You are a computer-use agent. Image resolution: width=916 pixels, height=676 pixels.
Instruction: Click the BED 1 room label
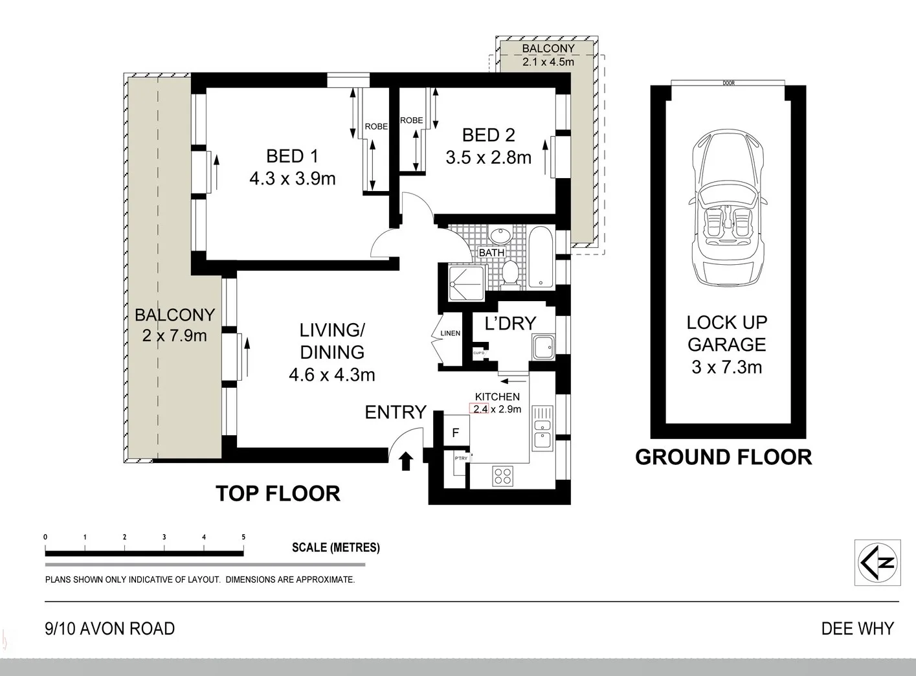point(293,156)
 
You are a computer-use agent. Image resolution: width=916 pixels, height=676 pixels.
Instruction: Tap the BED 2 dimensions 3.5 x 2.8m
point(488,157)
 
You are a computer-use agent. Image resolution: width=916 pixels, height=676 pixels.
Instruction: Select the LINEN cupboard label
point(450,333)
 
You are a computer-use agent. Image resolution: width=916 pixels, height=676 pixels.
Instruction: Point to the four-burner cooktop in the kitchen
point(502,475)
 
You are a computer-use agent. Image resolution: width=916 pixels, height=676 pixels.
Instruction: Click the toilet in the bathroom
point(511,274)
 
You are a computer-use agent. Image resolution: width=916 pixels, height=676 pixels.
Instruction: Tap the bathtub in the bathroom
point(541,257)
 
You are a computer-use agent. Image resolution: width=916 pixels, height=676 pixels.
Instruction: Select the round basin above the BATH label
point(500,237)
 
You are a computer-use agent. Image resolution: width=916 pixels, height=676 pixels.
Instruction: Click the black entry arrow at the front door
point(406,461)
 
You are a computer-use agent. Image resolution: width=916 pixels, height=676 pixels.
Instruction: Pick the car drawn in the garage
point(728,208)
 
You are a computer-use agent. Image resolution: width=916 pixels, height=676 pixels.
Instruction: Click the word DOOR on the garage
point(728,83)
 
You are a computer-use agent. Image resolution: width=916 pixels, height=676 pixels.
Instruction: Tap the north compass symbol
point(877,563)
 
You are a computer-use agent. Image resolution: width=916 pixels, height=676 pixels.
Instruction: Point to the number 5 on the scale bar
point(243,537)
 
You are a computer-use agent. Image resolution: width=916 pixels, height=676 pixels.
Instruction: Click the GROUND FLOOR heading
point(724,457)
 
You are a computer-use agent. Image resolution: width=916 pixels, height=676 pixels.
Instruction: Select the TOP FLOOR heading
point(278,493)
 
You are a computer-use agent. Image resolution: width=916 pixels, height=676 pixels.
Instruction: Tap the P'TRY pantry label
point(461,458)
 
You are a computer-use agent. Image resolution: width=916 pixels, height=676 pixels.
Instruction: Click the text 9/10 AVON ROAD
point(110,629)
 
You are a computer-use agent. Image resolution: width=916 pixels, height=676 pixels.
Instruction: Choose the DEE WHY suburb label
point(858,629)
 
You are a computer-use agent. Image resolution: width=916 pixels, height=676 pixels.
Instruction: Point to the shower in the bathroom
point(467,283)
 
